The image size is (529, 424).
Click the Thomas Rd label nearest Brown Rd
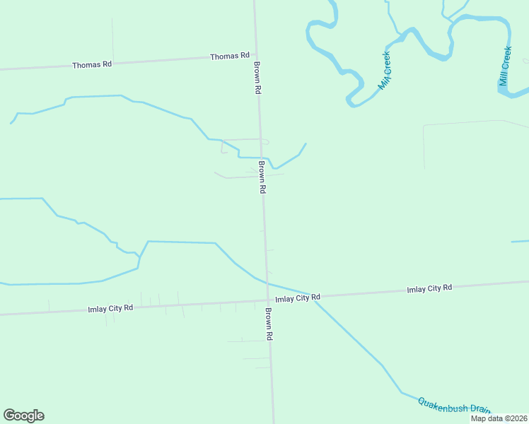click(x=230, y=56)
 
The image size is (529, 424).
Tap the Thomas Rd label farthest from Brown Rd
click(x=92, y=64)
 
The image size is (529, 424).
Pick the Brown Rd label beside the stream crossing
click(x=262, y=177)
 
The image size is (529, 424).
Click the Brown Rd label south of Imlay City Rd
click(x=269, y=324)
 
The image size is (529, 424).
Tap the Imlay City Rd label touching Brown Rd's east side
click(x=298, y=298)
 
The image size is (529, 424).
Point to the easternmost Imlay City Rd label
click(x=429, y=289)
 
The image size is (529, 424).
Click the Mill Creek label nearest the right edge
click(x=505, y=66)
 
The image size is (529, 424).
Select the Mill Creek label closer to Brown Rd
click(x=385, y=71)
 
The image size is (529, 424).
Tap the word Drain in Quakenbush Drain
click(x=479, y=410)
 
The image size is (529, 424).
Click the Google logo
click(x=23, y=416)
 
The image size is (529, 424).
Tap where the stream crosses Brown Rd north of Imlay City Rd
click(x=261, y=158)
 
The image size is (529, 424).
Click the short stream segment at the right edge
click(x=520, y=242)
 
